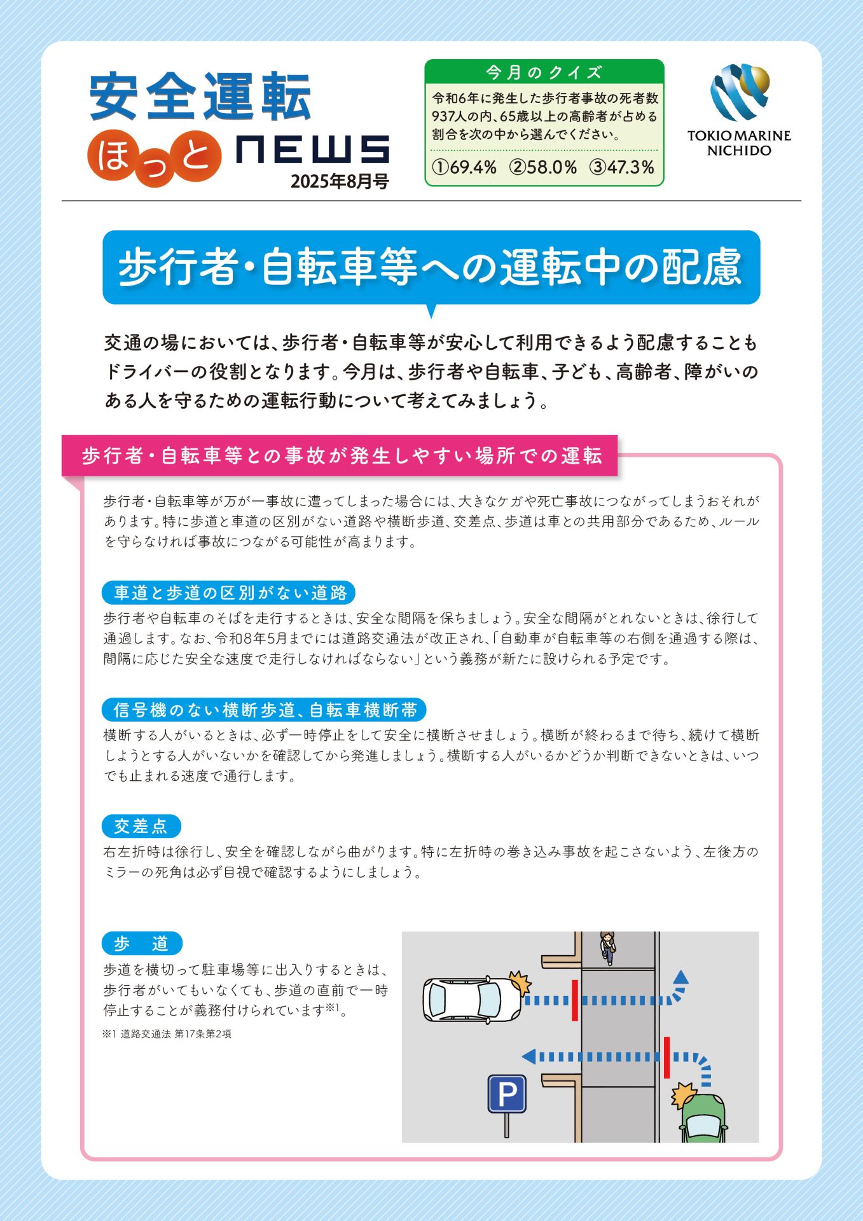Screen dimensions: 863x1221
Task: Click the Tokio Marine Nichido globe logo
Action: [740, 92]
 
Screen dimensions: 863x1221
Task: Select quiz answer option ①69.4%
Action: [464, 167]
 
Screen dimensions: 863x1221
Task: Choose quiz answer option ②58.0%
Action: [543, 167]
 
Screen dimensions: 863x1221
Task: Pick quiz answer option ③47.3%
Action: [622, 167]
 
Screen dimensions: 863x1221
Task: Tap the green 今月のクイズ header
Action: [544, 72]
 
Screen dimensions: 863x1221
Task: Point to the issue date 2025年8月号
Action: [340, 181]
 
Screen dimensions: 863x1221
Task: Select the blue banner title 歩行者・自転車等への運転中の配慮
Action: [431, 267]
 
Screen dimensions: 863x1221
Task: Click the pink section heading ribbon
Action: [340, 455]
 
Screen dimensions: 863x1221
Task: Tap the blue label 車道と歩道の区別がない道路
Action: [228, 593]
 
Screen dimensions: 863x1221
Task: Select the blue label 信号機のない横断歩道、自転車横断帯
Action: [264, 710]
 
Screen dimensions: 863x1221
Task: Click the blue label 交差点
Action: [141, 826]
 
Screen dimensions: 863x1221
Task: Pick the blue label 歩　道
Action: [142, 943]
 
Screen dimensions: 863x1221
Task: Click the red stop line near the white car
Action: [575, 1000]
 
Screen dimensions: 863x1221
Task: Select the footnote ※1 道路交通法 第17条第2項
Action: [167, 1034]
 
